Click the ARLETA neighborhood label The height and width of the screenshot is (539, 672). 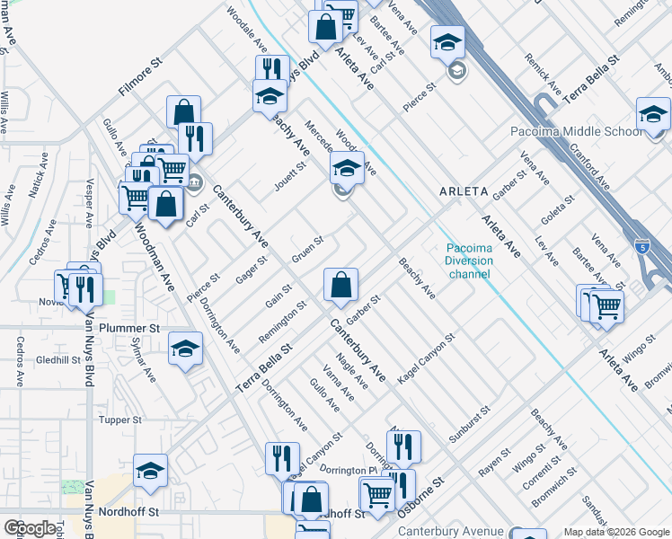[x=464, y=191]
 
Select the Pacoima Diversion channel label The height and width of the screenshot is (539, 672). [x=471, y=261]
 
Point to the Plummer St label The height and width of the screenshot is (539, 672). [x=129, y=328]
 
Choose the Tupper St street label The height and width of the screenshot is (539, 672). [x=120, y=420]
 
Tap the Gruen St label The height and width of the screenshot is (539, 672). [x=307, y=251]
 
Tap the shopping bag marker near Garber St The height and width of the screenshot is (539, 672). [x=340, y=287]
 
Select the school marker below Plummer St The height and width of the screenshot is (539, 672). [x=185, y=349]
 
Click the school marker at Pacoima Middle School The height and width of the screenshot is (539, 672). [x=653, y=115]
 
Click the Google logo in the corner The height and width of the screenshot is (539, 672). [x=31, y=528]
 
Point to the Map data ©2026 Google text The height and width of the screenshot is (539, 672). [x=615, y=532]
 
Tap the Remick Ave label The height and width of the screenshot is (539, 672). [x=544, y=78]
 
